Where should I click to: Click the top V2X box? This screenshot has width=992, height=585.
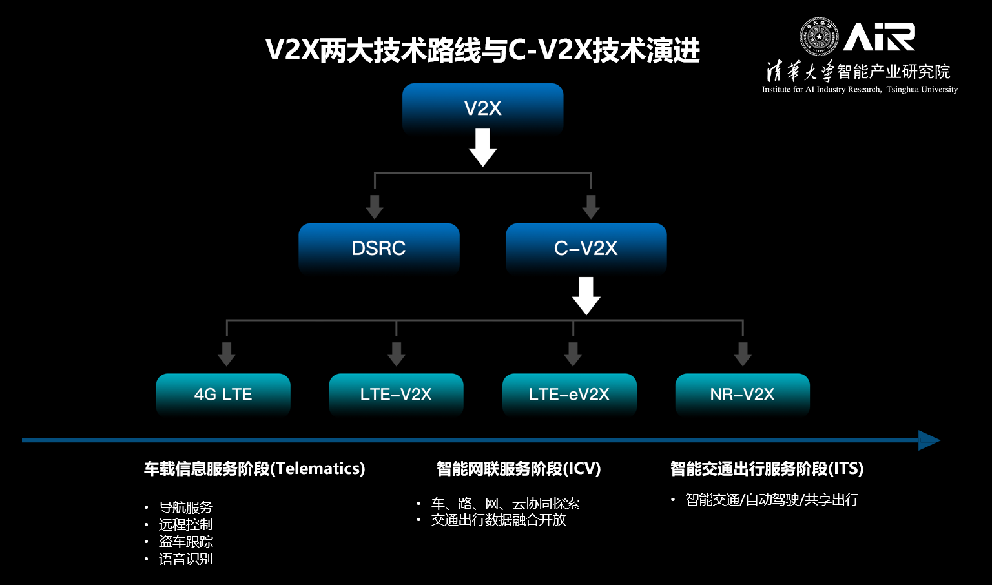point(482,108)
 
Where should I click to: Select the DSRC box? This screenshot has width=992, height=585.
point(378,248)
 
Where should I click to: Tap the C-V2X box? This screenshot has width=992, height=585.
point(586,248)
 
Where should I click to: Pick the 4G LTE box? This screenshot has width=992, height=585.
point(223,394)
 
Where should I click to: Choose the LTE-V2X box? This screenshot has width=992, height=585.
point(396,394)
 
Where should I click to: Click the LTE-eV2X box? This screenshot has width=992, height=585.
point(569,394)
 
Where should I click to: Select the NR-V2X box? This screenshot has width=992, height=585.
point(742,394)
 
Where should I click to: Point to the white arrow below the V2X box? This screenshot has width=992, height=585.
point(482,148)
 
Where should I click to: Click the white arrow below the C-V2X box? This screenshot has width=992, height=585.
point(586,296)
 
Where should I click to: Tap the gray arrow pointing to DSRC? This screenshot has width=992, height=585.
point(375,207)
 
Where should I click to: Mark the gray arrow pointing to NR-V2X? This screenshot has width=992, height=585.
point(743,353)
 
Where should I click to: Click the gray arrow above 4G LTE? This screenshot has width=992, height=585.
point(227,353)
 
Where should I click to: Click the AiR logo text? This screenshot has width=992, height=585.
point(879,37)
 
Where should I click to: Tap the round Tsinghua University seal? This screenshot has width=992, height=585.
point(819,37)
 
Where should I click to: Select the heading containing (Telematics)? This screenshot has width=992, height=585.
point(254,469)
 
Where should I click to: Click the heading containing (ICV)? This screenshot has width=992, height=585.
point(519,469)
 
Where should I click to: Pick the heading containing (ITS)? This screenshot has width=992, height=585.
point(767,469)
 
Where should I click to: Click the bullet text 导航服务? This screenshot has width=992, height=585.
point(186,508)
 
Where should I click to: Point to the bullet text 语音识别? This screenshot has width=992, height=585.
point(186,559)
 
